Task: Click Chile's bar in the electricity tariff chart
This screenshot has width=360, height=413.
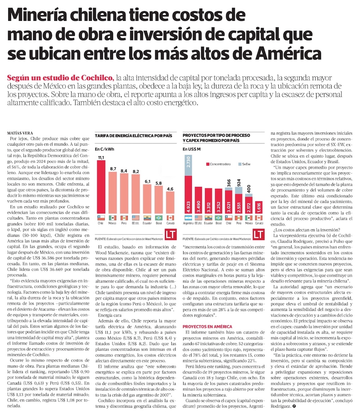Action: tap(101, 187)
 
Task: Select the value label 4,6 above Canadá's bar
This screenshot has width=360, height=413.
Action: tap(170, 188)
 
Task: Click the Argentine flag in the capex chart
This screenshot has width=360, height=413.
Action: tap(188, 218)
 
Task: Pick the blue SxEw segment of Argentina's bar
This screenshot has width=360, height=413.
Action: tap(188, 165)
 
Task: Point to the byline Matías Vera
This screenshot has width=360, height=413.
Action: tap(21, 133)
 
